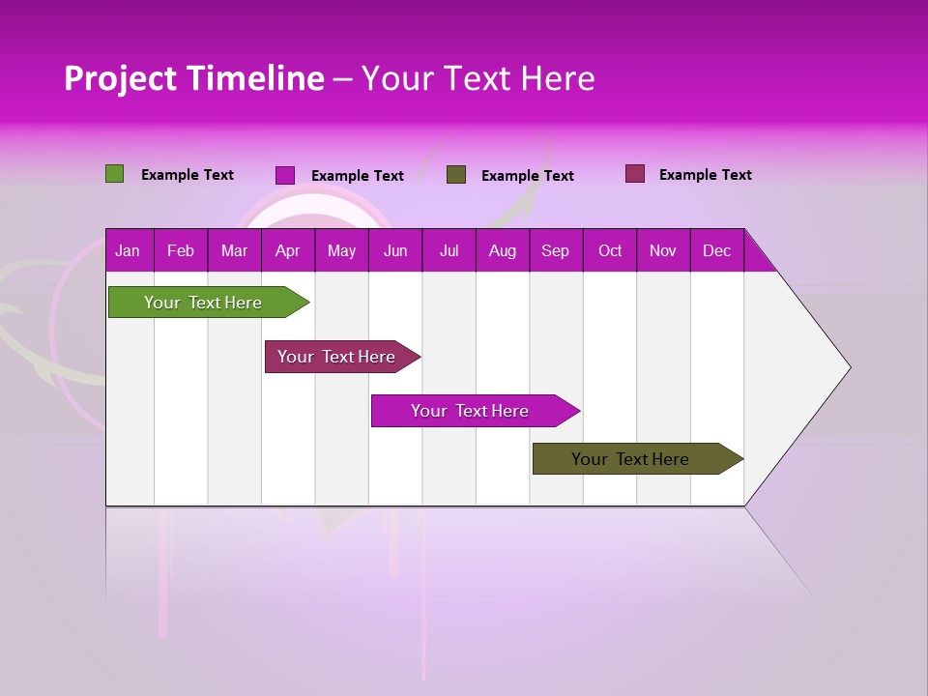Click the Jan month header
pyautogui.click(x=128, y=251)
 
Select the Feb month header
pyautogui.click(x=181, y=251)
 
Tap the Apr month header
pyautogui.click(x=287, y=251)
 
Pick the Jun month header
pyautogui.click(x=395, y=251)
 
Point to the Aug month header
pyautogui.click(x=502, y=251)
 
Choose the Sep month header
pyautogui.click(x=555, y=251)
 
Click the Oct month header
pyautogui.click(x=610, y=251)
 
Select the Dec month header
pyautogui.click(x=716, y=251)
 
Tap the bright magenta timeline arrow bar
pyautogui.click(x=471, y=411)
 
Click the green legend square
pyautogui.click(x=114, y=174)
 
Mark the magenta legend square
pyautogui.click(x=285, y=175)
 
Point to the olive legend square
pyautogui.click(x=456, y=175)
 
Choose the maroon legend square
pyautogui.click(x=634, y=174)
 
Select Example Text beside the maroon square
pyautogui.click(x=705, y=175)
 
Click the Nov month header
pyautogui.click(x=663, y=251)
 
